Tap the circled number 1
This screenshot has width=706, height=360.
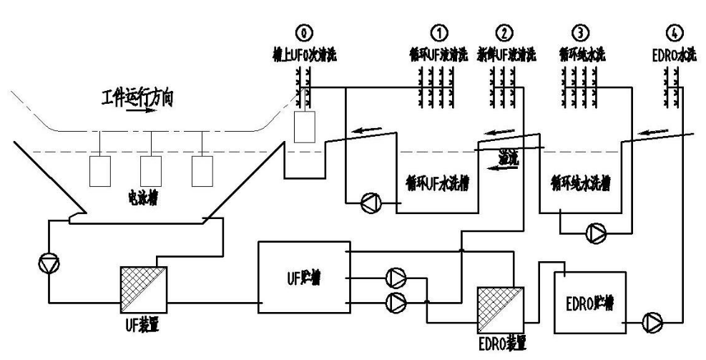(438, 32)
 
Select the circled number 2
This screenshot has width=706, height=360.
(506, 32)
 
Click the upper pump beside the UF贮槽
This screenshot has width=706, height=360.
(396, 277)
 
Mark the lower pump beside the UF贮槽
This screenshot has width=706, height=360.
(396, 301)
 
